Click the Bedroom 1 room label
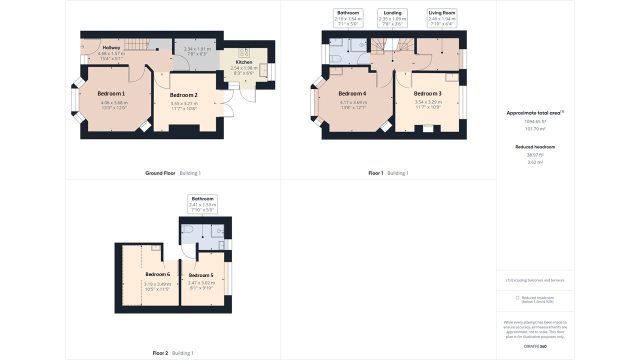(111, 93)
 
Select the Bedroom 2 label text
(183, 95)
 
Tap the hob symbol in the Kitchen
(245, 52)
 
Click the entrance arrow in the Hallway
(82, 47)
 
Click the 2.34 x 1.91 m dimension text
(197, 49)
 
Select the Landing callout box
(392, 18)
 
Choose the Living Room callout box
(442, 18)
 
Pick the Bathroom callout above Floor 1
(348, 18)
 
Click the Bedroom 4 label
(352, 93)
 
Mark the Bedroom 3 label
(427, 93)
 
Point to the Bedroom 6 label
(157, 274)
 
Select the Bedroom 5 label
(201, 275)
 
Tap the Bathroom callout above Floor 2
(202, 204)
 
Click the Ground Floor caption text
(160, 173)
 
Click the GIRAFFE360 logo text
(535, 345)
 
